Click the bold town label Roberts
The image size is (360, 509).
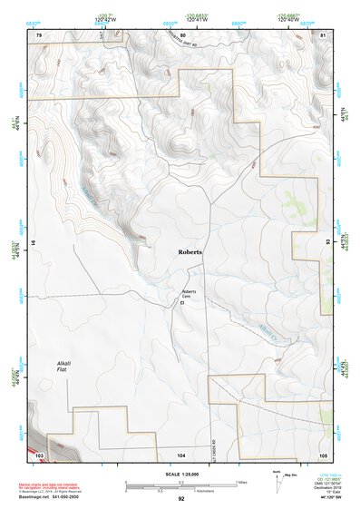(190, 251)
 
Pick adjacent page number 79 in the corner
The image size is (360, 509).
(39, 34)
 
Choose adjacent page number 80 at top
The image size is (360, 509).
(183, 34)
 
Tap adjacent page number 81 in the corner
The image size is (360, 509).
(323, 34)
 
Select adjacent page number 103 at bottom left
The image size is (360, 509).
(39, 453)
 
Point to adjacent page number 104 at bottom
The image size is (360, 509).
(181, 453)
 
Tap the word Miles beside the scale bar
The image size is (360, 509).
(240, 482)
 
